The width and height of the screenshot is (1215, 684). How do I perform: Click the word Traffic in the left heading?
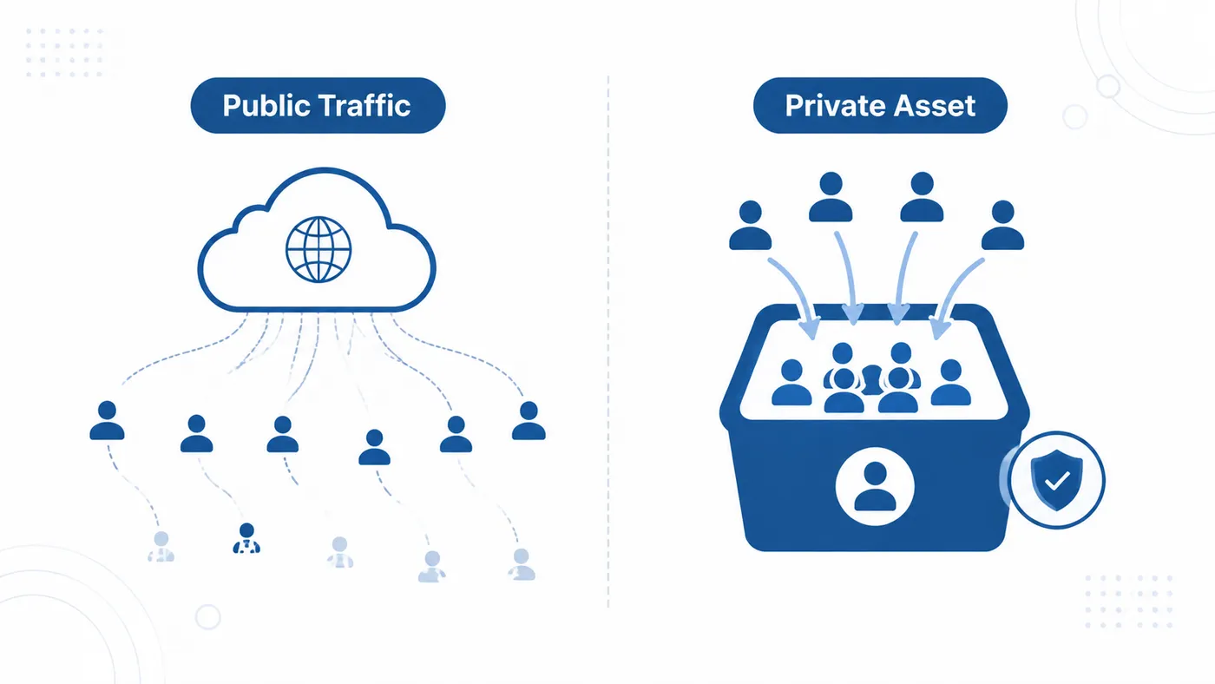coord(364,105)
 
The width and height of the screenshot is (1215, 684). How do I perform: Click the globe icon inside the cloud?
coord(319,249)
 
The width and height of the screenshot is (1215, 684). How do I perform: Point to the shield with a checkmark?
coord(1056,479)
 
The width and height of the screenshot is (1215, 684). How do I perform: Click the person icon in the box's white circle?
coord(875,487)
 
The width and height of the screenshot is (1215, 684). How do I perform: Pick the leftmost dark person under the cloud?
coord(107,420)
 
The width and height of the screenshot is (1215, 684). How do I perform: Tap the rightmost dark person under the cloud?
coord(529,420)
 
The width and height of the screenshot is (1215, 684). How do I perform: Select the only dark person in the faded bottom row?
coord(246,538)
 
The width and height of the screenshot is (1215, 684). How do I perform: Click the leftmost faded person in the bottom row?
coord(161,546)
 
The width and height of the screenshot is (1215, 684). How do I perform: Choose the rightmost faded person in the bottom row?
coord(522,564)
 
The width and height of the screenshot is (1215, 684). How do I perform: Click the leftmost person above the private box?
coord(750,225)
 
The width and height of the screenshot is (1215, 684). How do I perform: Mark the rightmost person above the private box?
coord(1003,225)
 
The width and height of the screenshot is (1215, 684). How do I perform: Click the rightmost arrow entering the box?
coord(955,293)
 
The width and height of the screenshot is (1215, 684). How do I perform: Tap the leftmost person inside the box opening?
coord(791,383)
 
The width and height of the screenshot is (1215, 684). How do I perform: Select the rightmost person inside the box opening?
coord(951,383)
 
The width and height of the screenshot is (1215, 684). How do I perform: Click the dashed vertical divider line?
coord(608,342)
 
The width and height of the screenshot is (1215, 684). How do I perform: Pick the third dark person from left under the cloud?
coord(283,434)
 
